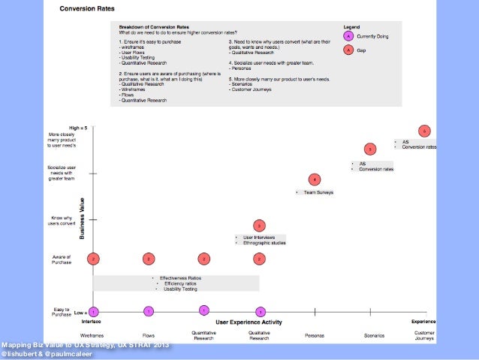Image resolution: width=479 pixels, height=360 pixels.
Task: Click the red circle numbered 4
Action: coord(315,179)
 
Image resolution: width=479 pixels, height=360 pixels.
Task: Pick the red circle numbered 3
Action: coord(259,225)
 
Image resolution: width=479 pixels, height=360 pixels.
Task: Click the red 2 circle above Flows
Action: coord(149,259)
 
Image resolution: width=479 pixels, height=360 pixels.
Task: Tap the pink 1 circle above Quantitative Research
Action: coord(203,310)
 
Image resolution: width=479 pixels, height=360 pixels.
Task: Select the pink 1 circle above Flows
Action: coord(149,310)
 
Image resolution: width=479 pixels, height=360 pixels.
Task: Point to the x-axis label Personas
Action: coord(315,335)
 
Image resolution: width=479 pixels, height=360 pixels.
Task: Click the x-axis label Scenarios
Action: coord(373,335)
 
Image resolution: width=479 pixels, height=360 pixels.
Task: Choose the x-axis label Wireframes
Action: coord(92,335)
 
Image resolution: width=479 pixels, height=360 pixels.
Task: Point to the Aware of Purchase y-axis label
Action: coord(62,259)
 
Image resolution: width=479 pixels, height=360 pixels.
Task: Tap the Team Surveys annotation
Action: coord(318,192)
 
